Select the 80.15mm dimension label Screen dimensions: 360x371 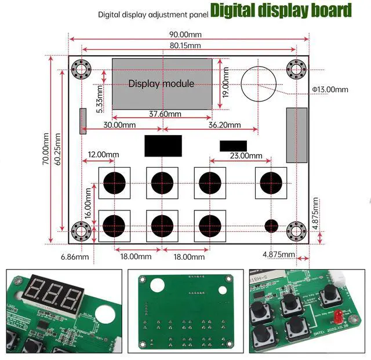(185, 45)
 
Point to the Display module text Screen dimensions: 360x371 (161, 83)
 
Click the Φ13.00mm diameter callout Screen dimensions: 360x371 (330, 89)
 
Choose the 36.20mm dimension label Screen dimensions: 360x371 (224, 125)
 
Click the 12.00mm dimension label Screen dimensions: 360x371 (103, 155)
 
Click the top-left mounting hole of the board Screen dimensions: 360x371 (81, 70)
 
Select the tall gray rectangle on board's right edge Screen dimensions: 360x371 (296, 135)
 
